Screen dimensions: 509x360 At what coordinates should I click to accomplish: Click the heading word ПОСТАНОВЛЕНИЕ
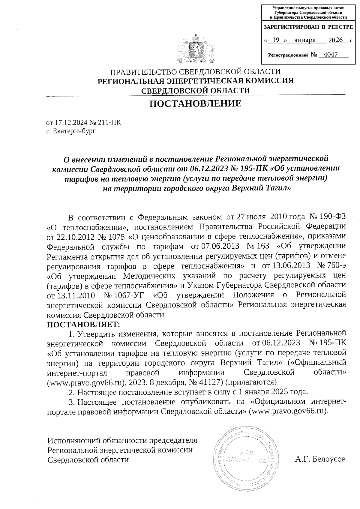195,103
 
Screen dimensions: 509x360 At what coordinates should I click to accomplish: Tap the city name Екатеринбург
74,131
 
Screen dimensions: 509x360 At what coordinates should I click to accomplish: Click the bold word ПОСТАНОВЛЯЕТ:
83,324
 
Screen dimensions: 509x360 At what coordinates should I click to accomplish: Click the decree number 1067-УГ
123,295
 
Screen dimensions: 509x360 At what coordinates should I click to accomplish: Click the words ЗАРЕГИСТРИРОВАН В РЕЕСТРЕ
308,27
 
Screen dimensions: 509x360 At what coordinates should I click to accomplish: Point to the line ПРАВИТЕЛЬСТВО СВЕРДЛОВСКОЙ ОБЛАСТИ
196,72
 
